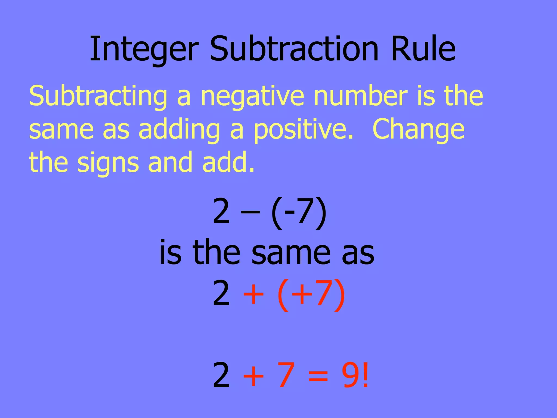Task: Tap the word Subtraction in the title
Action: point(294,49)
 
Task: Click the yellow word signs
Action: point(108,163)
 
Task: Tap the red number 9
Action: point(351,376)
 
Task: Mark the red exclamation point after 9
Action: point(366,376)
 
